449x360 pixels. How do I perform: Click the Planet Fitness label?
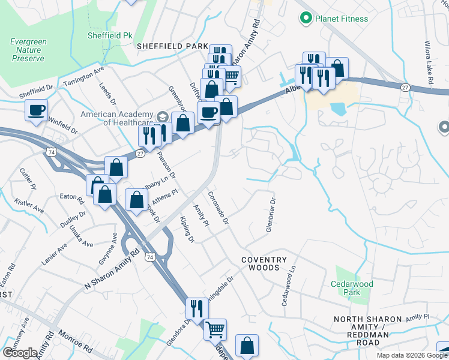pos(342,19)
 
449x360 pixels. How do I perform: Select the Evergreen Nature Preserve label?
pos(28,50)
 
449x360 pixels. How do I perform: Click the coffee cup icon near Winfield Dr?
pos(36,110)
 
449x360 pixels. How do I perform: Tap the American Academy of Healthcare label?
pos(119,118)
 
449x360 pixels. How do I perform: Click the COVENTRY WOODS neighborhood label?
pos(265,260)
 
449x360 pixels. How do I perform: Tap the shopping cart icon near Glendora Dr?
pos(215,329)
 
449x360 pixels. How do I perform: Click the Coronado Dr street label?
pos(218,208)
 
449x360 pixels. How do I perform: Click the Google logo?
pos(20,353)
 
